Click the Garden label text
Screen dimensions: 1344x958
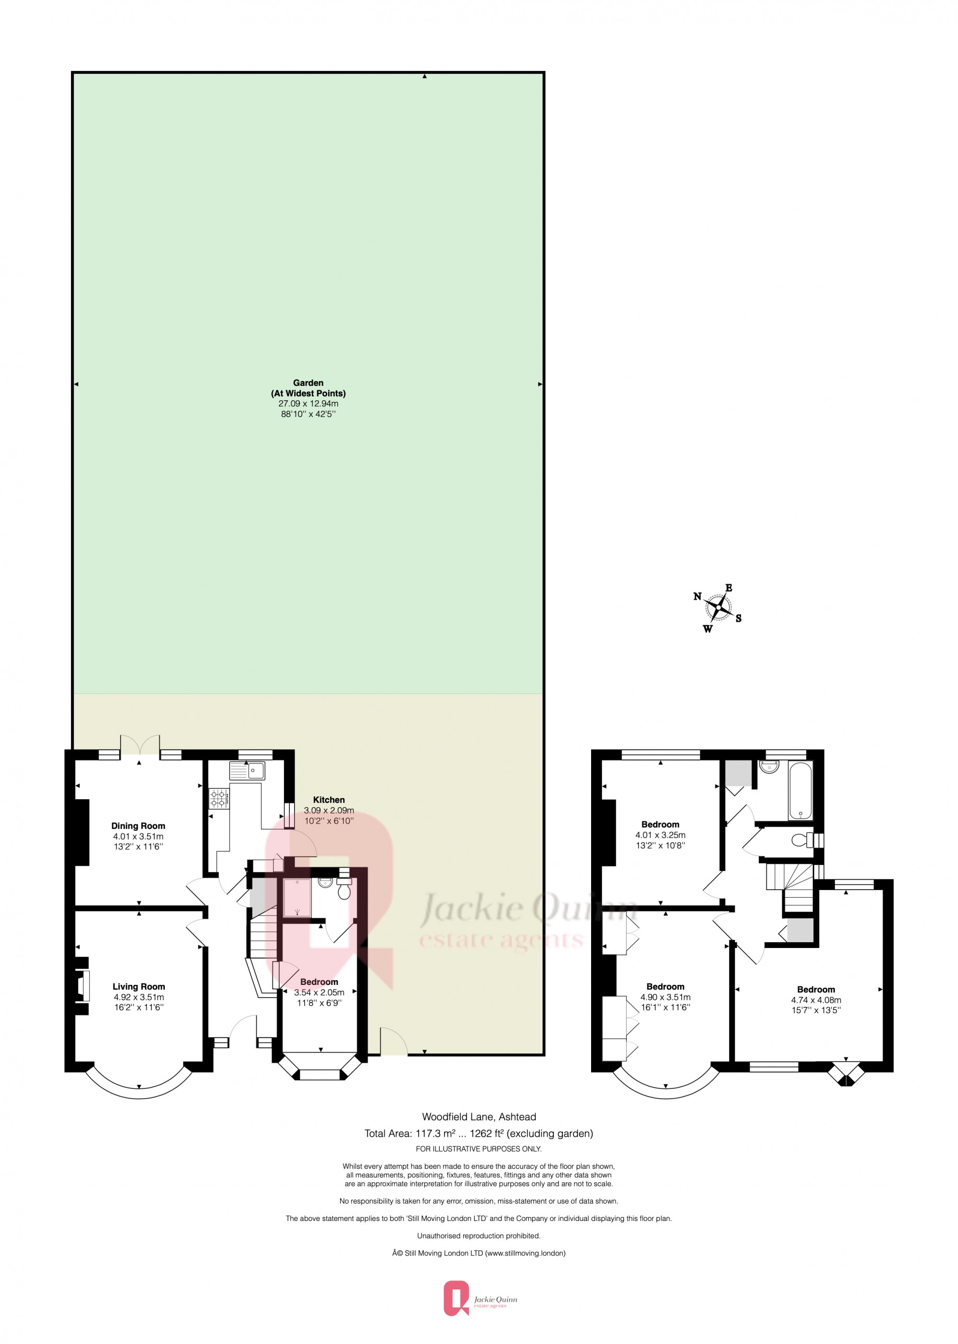click(x=308, y=383)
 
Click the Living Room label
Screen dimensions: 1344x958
click(x=138, y=987)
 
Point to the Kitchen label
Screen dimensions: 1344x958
click(x=329, y=800)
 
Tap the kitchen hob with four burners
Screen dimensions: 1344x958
click(x=219, y=799)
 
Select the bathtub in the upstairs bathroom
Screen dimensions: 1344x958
click(x=800, y=790)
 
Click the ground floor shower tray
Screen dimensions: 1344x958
click(x=297, y=898)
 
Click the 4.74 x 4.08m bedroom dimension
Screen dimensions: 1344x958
click(x=816, y=1000)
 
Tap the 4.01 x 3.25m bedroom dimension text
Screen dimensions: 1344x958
click(x=660, y=835)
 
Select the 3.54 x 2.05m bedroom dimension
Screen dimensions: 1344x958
click(x=319, y=993)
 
